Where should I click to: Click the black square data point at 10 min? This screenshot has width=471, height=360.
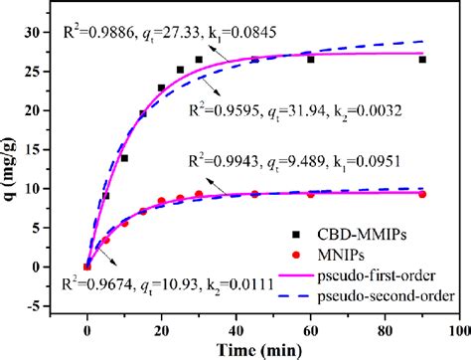point(124,158)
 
